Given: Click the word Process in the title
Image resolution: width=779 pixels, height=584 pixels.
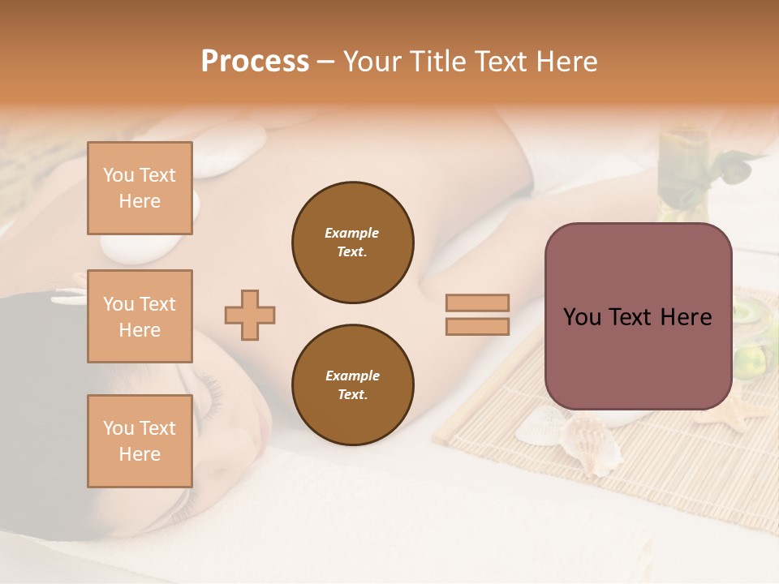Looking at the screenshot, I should (x=255, y=62).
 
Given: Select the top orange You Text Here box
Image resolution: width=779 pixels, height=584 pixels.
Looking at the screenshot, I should (x=140, y=188).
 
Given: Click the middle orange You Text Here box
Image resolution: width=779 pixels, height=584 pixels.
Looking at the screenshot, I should (x=140, y=316).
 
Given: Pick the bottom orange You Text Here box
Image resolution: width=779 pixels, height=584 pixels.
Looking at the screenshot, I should (x=140, y=440).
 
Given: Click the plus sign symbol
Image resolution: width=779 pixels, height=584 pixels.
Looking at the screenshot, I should (x=250, y=315).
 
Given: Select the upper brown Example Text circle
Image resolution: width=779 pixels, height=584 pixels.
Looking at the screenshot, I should (x=352, y=243).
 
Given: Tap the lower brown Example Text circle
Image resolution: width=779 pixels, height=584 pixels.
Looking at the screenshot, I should (x=352, y=385).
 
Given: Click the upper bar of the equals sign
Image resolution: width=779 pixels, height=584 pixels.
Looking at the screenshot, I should (x=477, y=303).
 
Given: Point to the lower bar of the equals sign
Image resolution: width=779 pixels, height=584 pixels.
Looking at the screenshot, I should (x=477, y=326).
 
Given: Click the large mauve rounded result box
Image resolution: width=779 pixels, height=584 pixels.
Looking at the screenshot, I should (x=638, y=316).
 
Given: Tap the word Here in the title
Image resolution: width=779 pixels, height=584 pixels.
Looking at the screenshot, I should (x=565, y=62).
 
